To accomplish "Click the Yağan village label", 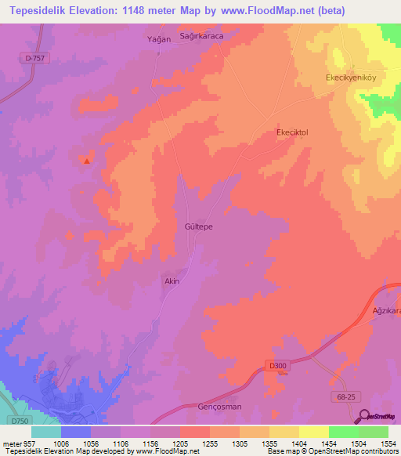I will [x=159, y=38].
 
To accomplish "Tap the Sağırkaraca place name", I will [x=203, y=36].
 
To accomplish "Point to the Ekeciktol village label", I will [x=293, y=132].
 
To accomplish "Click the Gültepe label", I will [x=199, y=226].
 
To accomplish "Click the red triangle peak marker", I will [x=87, y=161].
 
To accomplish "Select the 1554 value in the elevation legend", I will [x=388, y=443].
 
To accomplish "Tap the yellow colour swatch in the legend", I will [x=313, y=432].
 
